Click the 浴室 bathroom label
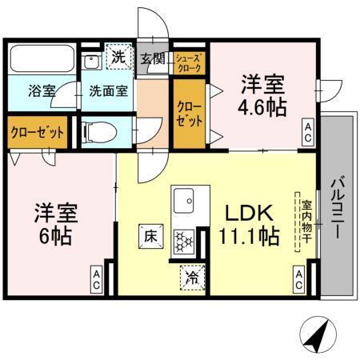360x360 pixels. pyautogui.click(x=42, y=90)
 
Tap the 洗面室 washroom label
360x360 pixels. pyautogui.click(x=108, y=90)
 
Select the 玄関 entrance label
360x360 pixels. pyautogui.click(x=153, y=58)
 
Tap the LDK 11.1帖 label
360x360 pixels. pyautogui.click(x=250, y=225)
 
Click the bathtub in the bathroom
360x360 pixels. pyautogui.click(x=42, y=59)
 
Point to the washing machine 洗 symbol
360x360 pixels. pyautogui.click(x=118, y=57)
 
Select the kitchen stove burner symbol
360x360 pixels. pyautogui.click(x=185, y=239)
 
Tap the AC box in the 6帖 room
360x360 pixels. pyautogui.click(x=94, y=279)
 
